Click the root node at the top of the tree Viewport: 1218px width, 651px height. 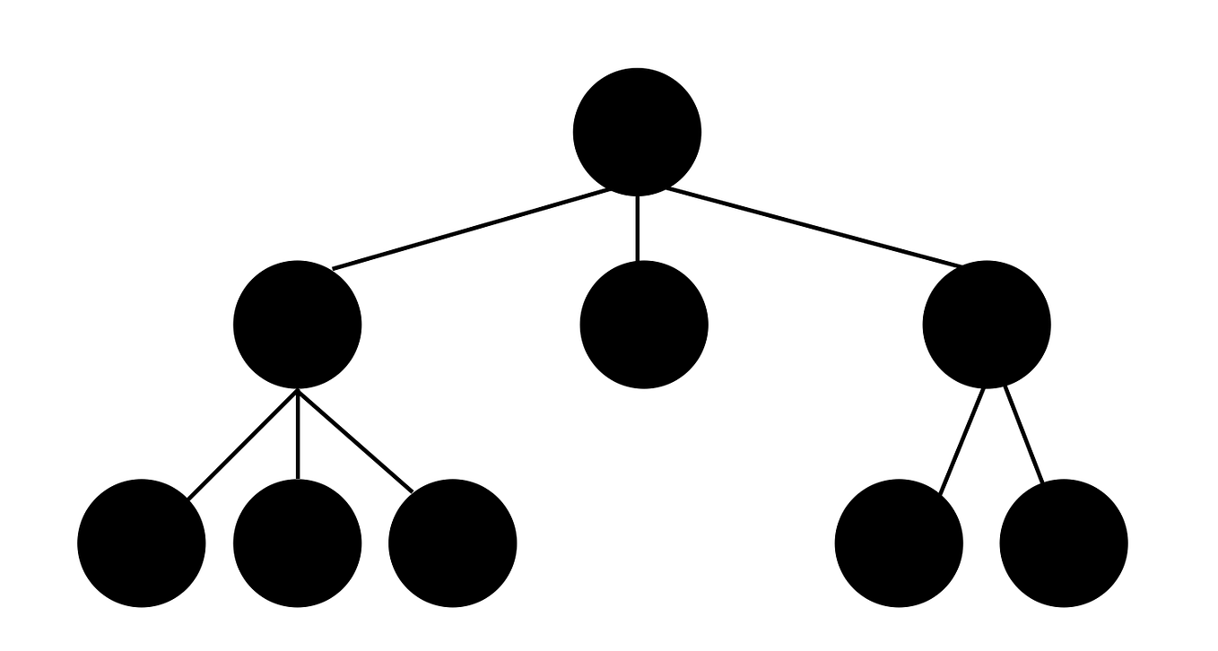point(637,131)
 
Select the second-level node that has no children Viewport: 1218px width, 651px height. point(644,325)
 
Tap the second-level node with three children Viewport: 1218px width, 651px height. point(297,325)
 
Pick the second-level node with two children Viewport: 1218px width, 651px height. point(986,325)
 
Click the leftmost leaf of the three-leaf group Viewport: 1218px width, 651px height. point(142,543)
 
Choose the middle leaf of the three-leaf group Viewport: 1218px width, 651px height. point(297,543)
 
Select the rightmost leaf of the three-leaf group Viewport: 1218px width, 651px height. point(452,543)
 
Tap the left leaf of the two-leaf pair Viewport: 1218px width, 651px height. point(899,543)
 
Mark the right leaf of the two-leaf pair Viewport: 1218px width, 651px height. point(1063,543)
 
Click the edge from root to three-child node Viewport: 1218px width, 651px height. point(471,229)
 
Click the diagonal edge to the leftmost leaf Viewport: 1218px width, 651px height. point(242,444)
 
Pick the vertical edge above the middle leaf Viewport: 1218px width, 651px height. point(297,435)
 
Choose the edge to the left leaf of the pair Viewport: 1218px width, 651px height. point(962,439)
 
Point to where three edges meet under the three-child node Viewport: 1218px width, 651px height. point(297,391)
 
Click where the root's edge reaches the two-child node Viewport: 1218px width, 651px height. point(960,266)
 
